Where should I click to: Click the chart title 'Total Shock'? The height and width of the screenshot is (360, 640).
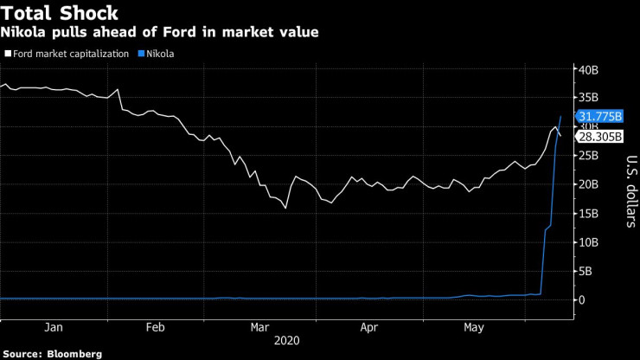point(60,13)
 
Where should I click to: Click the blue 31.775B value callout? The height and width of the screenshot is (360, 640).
point(595,116)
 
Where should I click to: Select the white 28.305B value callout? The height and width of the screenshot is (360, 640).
point(595,136)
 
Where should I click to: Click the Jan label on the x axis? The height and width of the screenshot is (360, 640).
point(52,328)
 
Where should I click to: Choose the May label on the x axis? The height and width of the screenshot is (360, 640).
point(474,328)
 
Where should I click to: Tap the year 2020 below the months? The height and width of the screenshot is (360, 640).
point(286,342)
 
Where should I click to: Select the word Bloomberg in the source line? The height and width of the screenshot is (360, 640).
point(74,354)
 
